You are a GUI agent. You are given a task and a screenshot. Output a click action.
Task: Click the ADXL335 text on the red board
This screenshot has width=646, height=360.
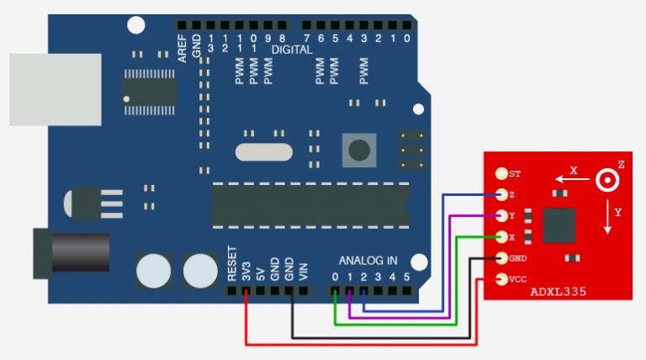[558, 292]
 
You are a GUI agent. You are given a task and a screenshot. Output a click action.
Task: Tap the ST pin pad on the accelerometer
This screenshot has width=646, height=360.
[503, 174]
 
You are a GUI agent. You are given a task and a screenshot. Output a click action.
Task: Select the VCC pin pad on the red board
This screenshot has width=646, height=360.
[503, 278]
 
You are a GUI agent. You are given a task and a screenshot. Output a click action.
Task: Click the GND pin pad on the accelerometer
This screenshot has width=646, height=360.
[503, 257]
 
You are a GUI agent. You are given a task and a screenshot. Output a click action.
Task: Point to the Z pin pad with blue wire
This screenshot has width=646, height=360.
[503, 195]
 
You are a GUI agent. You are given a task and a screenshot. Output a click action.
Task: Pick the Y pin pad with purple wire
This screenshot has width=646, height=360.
[503, 216]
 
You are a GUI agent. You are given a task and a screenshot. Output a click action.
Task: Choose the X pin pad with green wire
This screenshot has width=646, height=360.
[503, 237]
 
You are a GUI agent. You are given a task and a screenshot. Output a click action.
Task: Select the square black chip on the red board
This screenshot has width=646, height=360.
[559, 225]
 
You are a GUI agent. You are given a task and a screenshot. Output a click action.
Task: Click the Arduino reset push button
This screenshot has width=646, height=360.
[359, 151]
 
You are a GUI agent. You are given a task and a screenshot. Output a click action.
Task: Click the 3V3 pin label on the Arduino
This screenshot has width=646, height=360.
[246, 268]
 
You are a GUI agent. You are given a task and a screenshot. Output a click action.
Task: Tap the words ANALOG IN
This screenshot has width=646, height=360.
[368, 261]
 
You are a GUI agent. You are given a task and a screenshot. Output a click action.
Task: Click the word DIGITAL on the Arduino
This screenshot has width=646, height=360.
[291, 50]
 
